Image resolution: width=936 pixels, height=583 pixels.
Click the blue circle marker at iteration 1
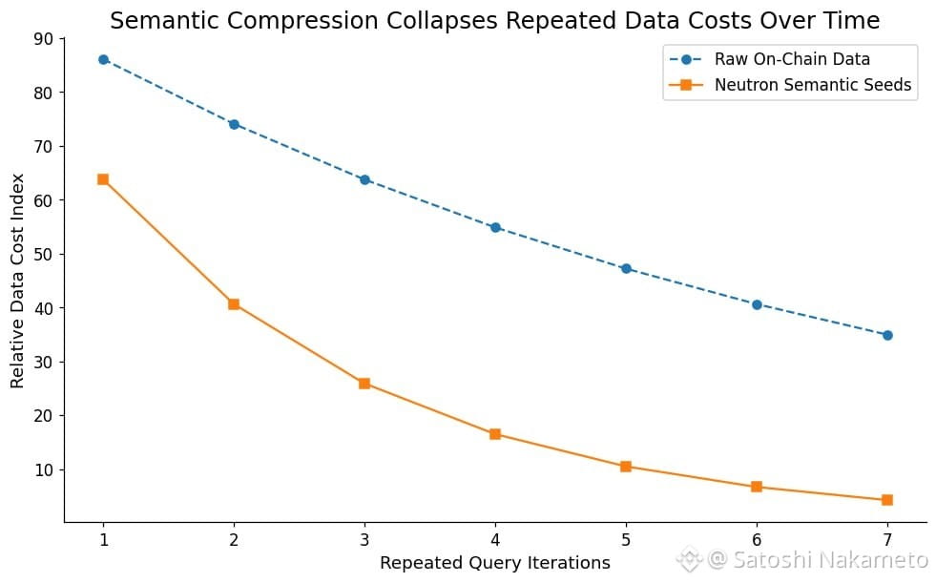tap(103, 59)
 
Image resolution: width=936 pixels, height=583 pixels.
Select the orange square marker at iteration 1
tap(103, 179)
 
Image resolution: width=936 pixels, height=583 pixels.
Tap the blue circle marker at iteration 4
tap(495, 227)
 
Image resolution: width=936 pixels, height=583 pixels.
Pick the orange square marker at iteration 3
tap(364, 384)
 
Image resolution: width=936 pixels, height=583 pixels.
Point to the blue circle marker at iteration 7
tap(887, 335)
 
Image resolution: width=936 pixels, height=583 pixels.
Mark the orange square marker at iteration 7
tap(887, 500)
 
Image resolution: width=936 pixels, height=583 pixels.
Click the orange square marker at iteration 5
tap(626, 467)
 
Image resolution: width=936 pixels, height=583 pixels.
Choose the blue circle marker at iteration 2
tap(234, 124)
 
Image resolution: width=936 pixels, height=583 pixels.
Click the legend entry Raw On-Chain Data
tap(792, 60)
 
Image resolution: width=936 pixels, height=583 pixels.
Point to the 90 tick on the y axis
tap(44, 39)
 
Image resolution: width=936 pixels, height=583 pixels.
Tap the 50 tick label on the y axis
tap(44, 255)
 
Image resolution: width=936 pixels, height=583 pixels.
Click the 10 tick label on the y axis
tap(44, 470)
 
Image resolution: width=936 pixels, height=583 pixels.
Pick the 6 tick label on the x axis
tap(757, 539)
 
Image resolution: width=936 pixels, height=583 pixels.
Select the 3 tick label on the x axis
tap(364, 539)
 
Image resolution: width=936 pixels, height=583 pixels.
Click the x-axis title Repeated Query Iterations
tap(495, 563)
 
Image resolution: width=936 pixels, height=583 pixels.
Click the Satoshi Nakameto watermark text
tap(817, 559)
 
